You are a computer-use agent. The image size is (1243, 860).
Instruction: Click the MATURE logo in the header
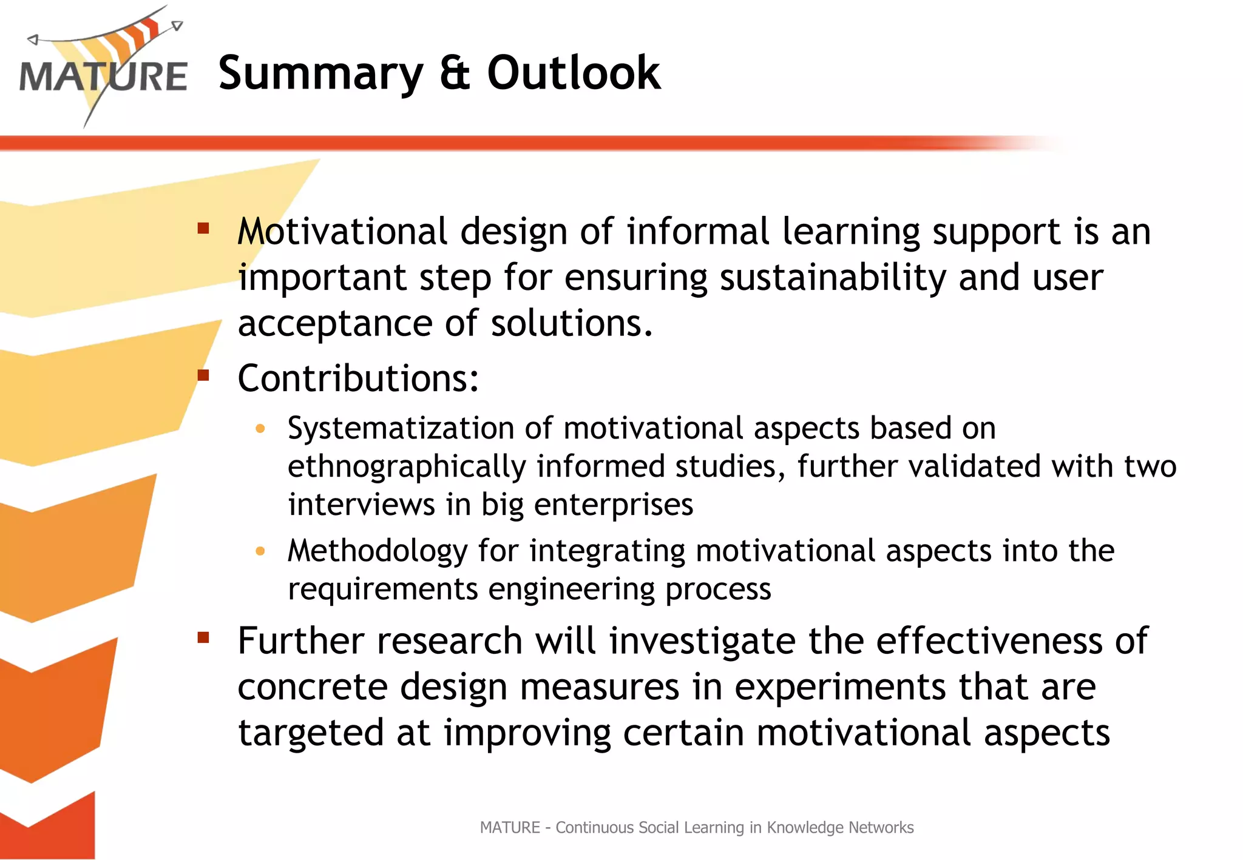103,67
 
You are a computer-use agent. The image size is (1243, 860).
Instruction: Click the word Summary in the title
320,73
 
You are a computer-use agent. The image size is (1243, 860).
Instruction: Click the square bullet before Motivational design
203,229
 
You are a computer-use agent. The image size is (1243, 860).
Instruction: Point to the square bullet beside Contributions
203,375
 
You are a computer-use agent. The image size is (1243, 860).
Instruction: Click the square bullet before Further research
203,637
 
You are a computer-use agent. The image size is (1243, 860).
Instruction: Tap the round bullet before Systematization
260,429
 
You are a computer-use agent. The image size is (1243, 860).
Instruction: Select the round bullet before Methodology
260,551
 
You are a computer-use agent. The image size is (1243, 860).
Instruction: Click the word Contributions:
358,378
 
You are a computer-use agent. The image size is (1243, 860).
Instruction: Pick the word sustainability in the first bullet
833,278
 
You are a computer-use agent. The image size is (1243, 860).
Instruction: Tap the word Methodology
378,551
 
